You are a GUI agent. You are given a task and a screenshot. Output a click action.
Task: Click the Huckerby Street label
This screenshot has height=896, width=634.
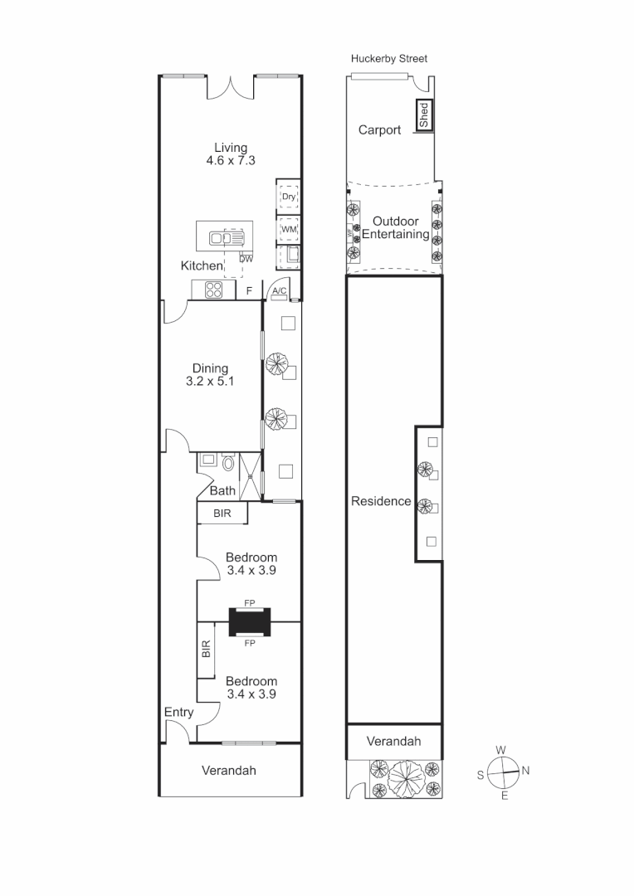[x=389, y=59]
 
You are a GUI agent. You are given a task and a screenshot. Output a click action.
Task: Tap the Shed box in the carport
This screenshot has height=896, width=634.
[x=423, y=114]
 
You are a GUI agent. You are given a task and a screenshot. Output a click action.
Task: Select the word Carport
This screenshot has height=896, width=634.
[x=379, y=130]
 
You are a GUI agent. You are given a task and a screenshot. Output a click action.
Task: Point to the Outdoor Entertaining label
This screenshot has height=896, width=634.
[x=395, y=228]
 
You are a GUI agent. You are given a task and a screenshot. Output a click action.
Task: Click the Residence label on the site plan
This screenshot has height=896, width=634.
[x=381, y=501]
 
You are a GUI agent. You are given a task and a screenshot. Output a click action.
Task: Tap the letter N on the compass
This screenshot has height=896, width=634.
[x=525, y=771]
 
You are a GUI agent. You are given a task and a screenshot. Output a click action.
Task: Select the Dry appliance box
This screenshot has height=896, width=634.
[x=288, y=197]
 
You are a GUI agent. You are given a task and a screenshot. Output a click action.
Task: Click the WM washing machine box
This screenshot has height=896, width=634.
[x=288, y=229]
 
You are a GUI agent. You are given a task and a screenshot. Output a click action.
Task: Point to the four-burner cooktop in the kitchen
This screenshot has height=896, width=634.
[x=214, y=290]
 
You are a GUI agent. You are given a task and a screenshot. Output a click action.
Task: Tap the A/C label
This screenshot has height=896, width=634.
[x=280, y=290]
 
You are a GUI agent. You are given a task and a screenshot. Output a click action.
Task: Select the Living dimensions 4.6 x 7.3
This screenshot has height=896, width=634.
[x=230, y=161]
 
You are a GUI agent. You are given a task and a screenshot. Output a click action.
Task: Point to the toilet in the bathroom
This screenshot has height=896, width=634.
[x=229, y=461]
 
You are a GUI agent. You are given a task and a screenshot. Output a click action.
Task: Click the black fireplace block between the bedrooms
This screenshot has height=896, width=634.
[x=250, y=621]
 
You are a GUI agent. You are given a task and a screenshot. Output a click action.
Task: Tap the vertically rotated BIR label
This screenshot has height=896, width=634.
[x=206, y=649]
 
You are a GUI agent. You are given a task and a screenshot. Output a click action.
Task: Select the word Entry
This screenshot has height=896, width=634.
[x=178, y=713]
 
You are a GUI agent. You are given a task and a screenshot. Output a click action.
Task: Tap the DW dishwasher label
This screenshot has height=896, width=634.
[x=246, y=259]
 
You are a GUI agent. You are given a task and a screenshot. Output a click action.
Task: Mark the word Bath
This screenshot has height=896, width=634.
[x=222, y=491]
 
